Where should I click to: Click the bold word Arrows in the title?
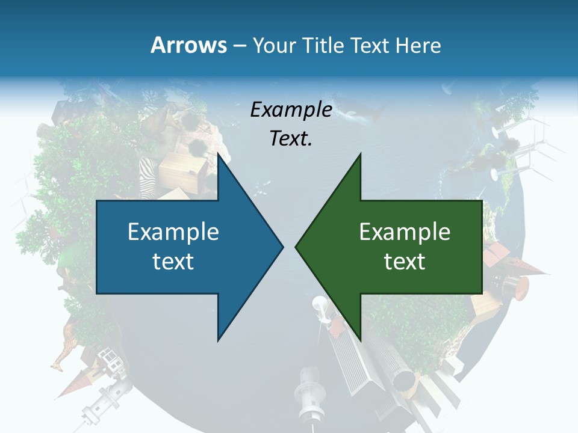click(x=188, y=45)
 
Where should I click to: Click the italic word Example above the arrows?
click(x=291, y=109)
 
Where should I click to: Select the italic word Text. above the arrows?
click(x=291, y=138)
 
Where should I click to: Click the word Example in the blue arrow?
click(x=173, y=232)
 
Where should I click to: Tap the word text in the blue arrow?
click(x=173, y=261)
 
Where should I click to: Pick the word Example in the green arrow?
click(x=405, y=232)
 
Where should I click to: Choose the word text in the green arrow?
click(x=405, y=261)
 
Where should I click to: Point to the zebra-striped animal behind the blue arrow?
click(x=148, y=177)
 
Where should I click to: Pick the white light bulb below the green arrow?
click(x=319, y=307)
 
